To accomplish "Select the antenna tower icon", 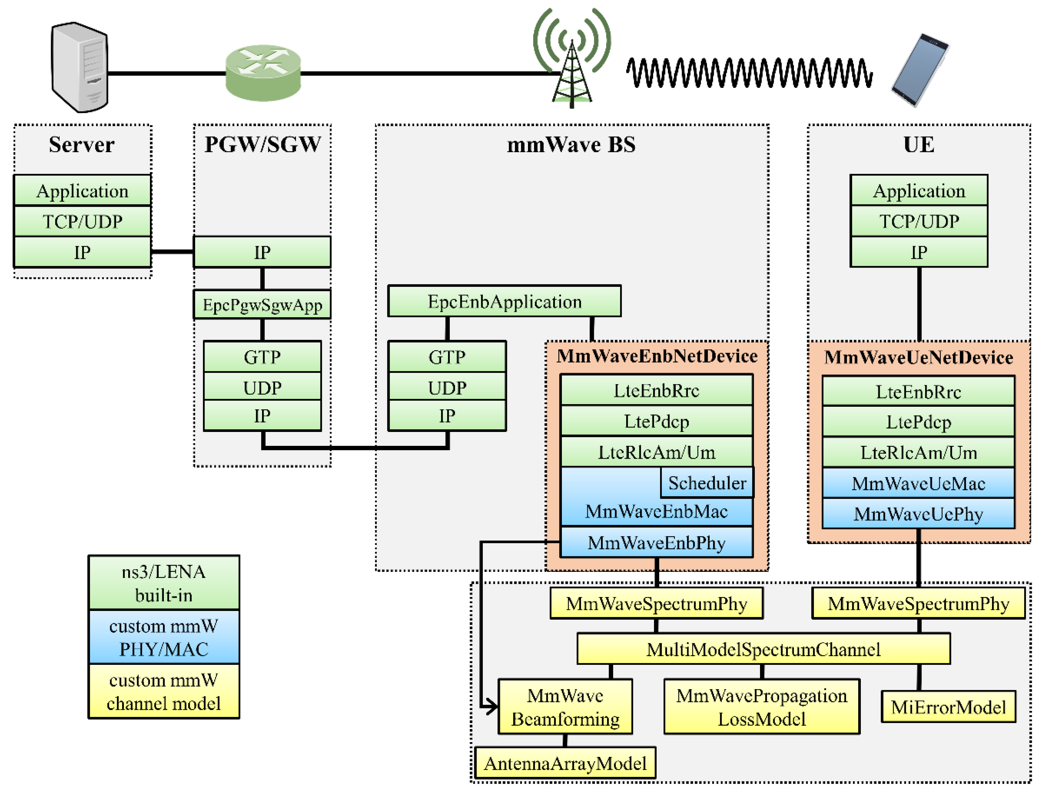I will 572,62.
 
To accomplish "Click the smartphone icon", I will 919,70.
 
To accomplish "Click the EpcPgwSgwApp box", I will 262,305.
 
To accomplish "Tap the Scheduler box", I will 707,483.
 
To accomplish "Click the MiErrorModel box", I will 948,707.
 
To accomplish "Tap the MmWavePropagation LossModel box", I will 761,707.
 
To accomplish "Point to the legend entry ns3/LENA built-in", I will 164,583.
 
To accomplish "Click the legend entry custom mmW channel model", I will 164,691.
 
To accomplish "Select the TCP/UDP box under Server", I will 82,221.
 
